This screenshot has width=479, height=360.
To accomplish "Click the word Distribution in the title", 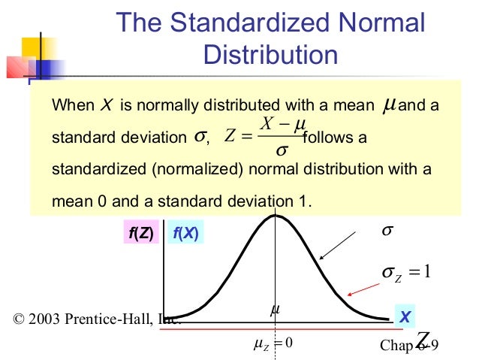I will [x=270, y=55].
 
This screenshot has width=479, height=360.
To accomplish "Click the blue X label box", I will [x=405, y=317].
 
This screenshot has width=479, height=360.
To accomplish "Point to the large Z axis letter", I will [x=423, y=339].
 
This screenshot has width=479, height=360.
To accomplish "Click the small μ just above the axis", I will [x=275, y=309].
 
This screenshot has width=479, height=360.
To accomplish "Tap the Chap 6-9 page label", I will [x=409, y=346].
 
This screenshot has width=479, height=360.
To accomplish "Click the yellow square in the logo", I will [x=34, y=47].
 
